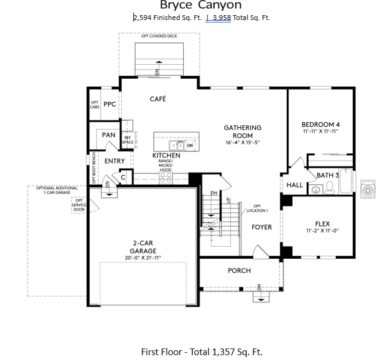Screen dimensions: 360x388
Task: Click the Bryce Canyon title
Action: click(x=192, y=5)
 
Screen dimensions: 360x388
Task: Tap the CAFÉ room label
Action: click(x=158, y=99)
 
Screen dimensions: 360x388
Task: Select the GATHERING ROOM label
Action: click(x=242, y=132)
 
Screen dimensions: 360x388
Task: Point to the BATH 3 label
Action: click(x=328, y=175)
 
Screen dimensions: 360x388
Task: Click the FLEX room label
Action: click(x=322, y=223)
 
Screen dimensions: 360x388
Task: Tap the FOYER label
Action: click(x=262, y=227)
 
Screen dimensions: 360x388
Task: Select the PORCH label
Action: click(x=239, y=270)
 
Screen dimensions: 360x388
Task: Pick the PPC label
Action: click(x=110, y=104)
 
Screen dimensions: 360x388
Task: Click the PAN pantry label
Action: click(x=109, y=135)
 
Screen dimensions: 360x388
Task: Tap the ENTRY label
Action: click(x=115, y=161)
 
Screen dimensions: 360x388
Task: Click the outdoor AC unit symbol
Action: click(x=368, y=188)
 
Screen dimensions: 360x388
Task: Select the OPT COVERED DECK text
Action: click(x=159, y=36)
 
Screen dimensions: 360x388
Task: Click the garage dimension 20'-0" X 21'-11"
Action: click(x=143, y=258)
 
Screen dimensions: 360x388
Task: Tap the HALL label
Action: click(x=295, y=185)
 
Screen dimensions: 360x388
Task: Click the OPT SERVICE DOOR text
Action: click(x=79, y=205)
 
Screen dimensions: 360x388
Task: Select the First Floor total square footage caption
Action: click(x=201, y=352)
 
